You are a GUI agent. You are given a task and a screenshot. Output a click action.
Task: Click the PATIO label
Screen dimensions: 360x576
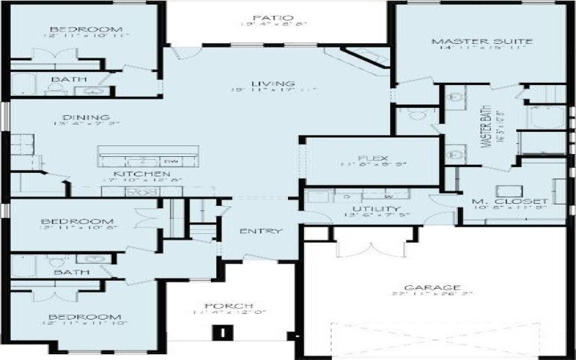263,17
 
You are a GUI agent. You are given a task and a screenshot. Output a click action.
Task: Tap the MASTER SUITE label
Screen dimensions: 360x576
472,41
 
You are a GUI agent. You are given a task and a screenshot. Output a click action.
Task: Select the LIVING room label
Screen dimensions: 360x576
262,84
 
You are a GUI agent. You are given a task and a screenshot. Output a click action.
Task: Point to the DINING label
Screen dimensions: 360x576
86,117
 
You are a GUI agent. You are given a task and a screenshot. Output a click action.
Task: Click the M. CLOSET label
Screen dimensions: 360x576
510,202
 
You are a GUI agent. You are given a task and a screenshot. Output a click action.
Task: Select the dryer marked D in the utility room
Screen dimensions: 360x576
346,195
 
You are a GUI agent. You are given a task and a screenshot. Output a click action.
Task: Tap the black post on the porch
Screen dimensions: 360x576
225,333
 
